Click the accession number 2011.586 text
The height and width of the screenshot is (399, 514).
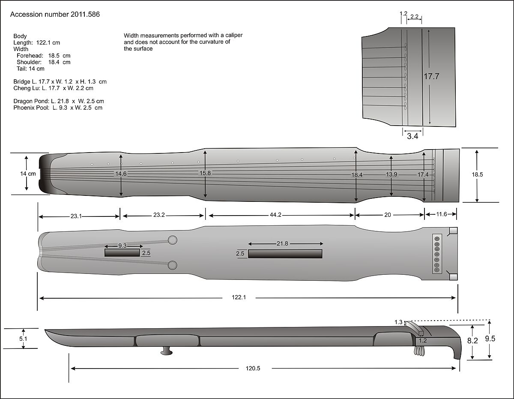(55, 15)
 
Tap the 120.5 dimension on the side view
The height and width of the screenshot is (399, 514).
(253, 368)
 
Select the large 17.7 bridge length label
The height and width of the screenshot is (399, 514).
(431, 76)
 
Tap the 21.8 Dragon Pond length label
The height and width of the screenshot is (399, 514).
(282, 243)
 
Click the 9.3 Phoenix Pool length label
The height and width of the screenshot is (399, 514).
(122, 246)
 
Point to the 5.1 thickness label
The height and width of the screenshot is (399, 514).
(24, 338)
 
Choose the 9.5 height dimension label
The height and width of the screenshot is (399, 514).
(490, 339)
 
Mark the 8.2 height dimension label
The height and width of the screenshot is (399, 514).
(472, 341)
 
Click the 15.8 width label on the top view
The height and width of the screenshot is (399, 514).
(206, 173)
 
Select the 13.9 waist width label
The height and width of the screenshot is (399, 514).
(391, 174)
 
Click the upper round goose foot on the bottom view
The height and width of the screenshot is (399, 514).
(173, 240)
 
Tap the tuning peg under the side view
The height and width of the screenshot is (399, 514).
(167, 351)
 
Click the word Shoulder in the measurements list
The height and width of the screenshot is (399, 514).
(29, 62)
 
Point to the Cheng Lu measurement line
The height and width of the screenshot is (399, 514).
(53, 88)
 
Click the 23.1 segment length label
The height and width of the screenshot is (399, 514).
(76, 216)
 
